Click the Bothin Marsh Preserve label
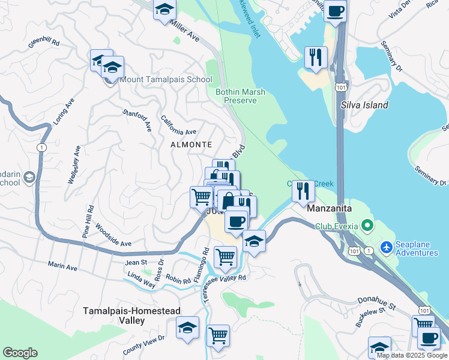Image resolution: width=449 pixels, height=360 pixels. pos(240,96)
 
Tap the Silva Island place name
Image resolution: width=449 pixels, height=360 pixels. pos(364,105)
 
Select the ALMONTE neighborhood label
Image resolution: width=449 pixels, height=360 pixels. pos(191,145)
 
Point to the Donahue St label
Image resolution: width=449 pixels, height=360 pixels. pos(376,303)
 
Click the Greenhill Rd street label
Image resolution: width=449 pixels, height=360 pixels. pos(44,43)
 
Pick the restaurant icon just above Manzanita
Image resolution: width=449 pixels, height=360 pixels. pos(303,192)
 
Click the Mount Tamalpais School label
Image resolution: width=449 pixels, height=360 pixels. pos(166,79)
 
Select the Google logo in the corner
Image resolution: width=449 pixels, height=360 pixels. pos(20,353)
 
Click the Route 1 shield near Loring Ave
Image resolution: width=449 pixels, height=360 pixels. pos(41,148)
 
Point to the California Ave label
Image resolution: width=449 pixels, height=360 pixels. pos(178,124)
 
